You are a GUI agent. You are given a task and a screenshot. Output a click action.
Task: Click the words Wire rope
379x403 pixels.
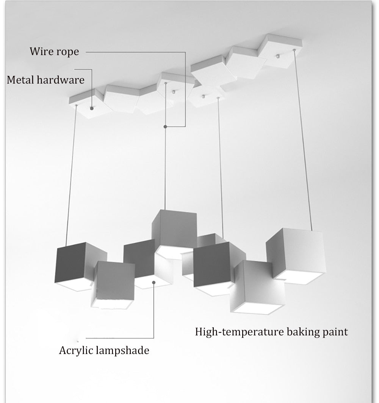click(x=55, y=51)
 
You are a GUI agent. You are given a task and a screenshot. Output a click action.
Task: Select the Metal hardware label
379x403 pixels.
click(x=45, y=80)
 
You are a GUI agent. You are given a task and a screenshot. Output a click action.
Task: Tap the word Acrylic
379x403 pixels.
click(x=76, y=350)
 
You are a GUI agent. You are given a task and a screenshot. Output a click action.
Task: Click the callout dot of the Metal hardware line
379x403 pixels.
click(x=92, y=108)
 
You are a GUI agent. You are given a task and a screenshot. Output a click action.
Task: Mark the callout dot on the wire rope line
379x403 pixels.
click(x=165, y=126)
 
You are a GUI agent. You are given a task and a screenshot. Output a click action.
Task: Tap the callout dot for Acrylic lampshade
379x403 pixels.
click(x=154, y=282)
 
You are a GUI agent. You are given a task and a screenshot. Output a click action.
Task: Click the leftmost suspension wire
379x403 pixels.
click(x=71, y=175)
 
